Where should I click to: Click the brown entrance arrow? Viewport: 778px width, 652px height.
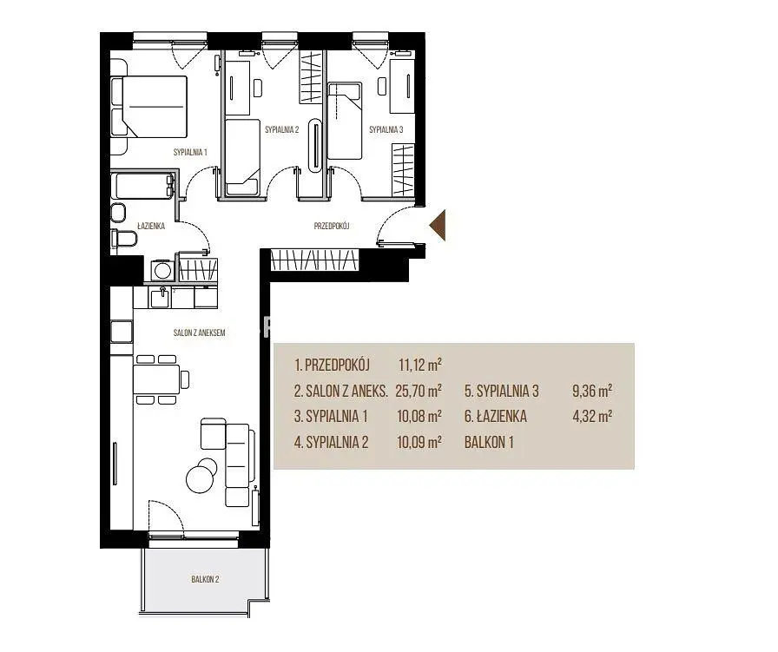pos(438,225)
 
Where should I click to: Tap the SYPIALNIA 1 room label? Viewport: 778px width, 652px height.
pos(190,152)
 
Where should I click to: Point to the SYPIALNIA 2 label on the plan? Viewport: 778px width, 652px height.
pos(282,130)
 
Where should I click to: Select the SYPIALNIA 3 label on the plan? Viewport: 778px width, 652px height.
pos(386,130)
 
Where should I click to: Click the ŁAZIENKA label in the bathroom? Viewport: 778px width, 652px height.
pos(151,227)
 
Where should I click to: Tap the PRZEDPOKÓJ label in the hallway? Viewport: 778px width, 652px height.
pos(332,227)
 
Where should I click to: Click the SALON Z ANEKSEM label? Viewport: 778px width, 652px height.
pos(200,333)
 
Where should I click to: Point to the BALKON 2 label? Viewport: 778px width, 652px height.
pos(205,579)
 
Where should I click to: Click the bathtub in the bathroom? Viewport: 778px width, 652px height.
pos(143,185)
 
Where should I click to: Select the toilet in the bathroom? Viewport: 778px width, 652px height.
pos(124,238)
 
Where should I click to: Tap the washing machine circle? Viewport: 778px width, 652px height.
pos(162,270)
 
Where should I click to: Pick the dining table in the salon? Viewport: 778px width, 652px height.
pos(155,379)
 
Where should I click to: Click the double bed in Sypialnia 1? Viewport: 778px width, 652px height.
pos(148,106)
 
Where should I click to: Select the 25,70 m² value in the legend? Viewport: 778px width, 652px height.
pos(419,391)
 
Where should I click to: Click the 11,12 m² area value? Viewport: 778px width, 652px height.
pos(420,366)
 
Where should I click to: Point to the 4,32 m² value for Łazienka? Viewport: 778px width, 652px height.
pos(592,416)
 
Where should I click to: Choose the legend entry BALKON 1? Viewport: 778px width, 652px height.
pos(489,442)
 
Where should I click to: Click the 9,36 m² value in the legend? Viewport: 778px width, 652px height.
pos(592,391)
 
